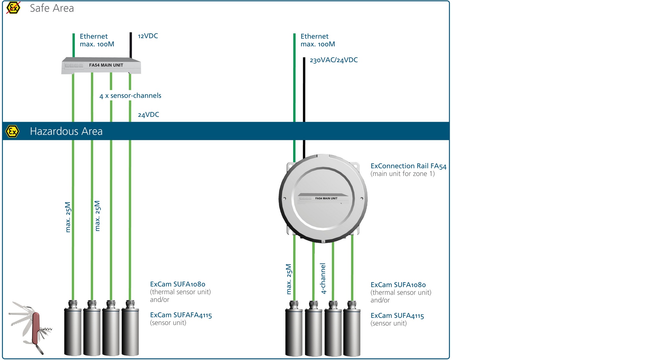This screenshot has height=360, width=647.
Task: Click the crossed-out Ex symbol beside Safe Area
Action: click(13, 8)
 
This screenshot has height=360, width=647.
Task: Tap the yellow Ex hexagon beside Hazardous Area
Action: click(12, 131)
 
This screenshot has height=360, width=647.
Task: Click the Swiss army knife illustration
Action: click(31, 327)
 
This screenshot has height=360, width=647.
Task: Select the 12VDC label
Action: click(148, 36)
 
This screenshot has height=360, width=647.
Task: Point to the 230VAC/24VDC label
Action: click(334, 60)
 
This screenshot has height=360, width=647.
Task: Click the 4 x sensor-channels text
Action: click(130, 96)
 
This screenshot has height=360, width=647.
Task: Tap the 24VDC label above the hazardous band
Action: click(148, 115)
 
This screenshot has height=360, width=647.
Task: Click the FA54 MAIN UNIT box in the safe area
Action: click(101, 65)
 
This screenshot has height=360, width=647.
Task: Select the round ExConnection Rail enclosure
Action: click(323, 198)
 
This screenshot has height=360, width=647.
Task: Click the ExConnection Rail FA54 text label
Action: click(408, 166)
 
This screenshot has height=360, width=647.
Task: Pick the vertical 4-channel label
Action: click(323, 278)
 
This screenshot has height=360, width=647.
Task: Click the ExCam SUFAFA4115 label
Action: click(181, 315)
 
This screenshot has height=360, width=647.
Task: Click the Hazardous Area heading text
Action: click(66, 131)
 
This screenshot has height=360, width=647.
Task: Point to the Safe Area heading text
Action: click(52, 8)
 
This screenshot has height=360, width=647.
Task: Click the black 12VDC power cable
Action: click(131, 45)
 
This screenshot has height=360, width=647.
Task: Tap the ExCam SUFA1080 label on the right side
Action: click(398, 285)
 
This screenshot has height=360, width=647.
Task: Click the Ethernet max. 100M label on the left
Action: click(97, 40)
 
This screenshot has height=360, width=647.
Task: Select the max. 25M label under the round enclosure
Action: click(289, 279)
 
